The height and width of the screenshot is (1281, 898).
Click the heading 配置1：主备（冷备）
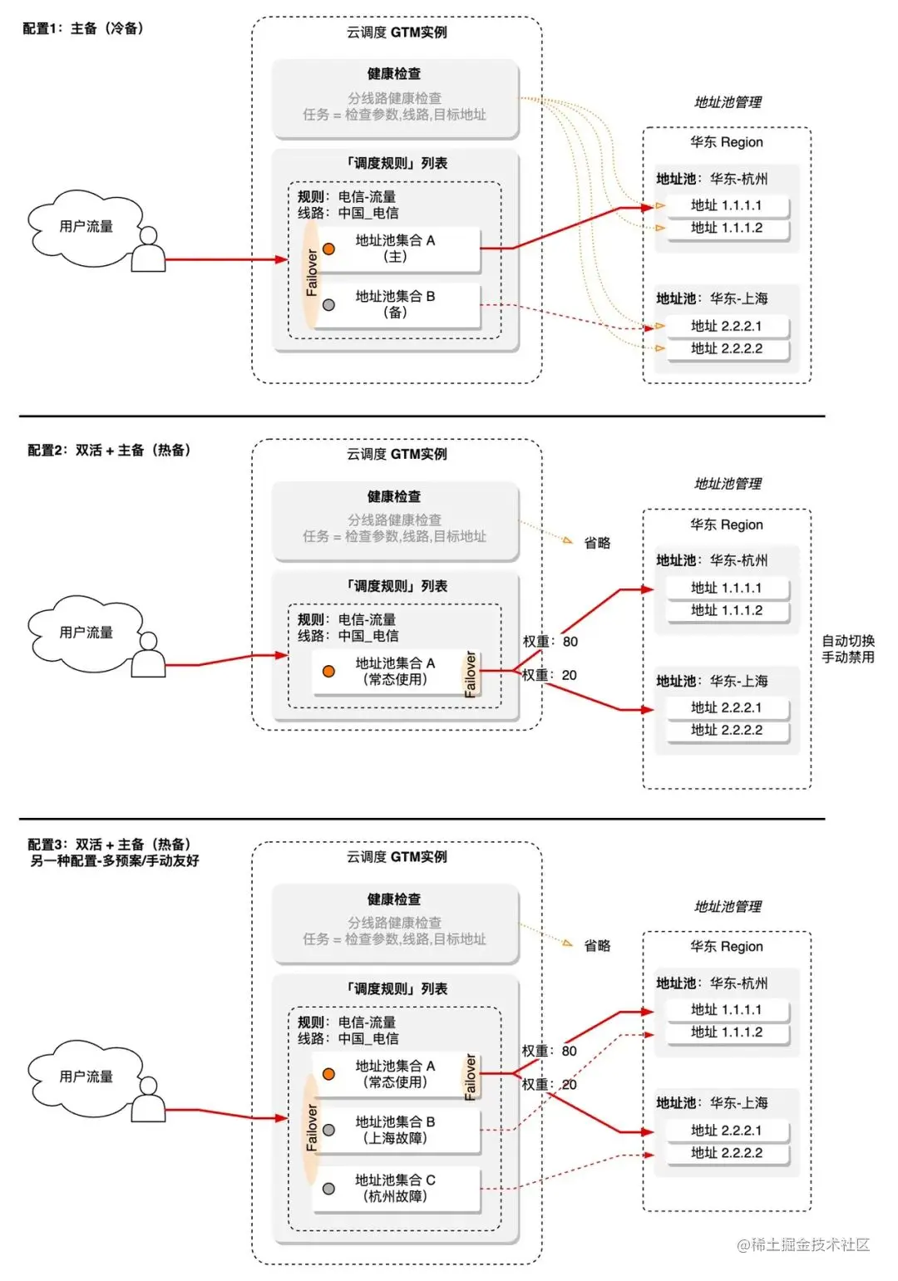[83, 28]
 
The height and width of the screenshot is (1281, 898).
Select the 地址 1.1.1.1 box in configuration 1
[726, 205]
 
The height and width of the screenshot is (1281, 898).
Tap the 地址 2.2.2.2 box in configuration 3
[726, 1153]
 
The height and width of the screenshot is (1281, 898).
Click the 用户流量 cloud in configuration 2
[86, 633]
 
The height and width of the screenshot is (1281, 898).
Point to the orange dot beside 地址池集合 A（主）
[328, 249]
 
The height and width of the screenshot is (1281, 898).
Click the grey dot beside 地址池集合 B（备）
[328, 305]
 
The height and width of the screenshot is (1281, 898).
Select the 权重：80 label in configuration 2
[550, 642]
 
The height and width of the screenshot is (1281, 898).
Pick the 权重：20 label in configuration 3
[549, 1085]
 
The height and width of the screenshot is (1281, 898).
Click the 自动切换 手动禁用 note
[848, 649]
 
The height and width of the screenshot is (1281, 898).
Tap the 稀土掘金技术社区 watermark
[802, 1244]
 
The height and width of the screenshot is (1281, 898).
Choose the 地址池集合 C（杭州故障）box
[396, 1188]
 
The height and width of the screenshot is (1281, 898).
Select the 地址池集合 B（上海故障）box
[396, 1130]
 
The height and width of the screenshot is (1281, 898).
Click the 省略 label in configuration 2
[597, 543]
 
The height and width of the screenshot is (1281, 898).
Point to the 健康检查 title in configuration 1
[394, 74]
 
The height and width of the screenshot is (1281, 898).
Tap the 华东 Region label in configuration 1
[726, 142]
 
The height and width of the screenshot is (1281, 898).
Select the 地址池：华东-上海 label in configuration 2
[712, 681]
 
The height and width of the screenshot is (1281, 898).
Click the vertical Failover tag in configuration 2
[471, 673]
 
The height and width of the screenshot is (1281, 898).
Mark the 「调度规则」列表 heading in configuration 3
[396, 988]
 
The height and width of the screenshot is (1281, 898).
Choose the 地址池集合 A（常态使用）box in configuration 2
[396, 671]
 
